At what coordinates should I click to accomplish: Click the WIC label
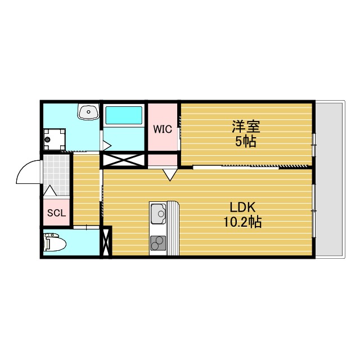(163, 128)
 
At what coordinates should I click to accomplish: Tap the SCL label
(56, 213)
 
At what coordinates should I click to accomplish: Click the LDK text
(242, 206)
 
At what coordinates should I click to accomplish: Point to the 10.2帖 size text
(242, 222)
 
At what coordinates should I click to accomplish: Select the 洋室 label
(246, 126)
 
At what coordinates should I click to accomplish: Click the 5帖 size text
(246, 141)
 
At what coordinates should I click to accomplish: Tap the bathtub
(123, 116)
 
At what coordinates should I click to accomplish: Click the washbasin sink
(88, 112)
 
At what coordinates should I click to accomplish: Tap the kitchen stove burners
(158, 243)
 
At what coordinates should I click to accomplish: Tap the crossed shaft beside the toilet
(106, 242)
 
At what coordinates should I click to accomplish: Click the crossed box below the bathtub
(123, 160)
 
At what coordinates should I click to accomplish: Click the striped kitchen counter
(173, 228)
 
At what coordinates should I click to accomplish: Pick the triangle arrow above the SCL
(49, 191)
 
